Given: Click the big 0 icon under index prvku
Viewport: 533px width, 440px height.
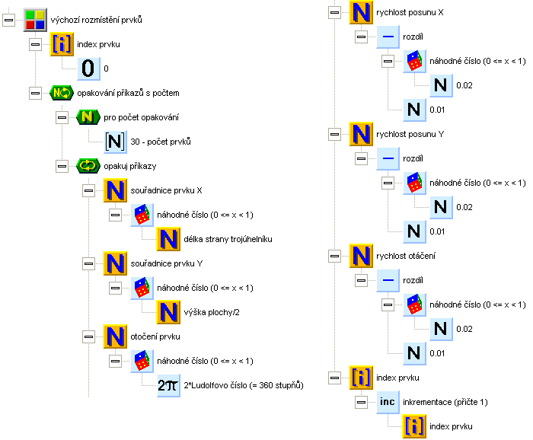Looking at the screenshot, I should click(x=88, y=69).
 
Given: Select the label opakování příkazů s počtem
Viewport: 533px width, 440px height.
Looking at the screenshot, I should click(x=133, y=93).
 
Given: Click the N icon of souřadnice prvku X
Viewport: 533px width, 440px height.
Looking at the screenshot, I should click(x=114, y=190).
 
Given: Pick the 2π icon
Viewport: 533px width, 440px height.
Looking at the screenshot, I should click(x=168, y=385).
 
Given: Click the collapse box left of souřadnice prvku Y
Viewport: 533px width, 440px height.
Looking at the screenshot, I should click(x=88, y=263).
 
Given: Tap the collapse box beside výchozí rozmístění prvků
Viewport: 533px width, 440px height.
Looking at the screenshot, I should click(x=9, y=21).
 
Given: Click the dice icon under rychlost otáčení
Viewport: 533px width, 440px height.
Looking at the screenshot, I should click(x=414, y=304).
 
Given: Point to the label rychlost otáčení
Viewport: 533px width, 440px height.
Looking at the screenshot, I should click(x=406, y=256).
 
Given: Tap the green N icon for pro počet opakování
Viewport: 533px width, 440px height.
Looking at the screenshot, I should click(x=88, y=117).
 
